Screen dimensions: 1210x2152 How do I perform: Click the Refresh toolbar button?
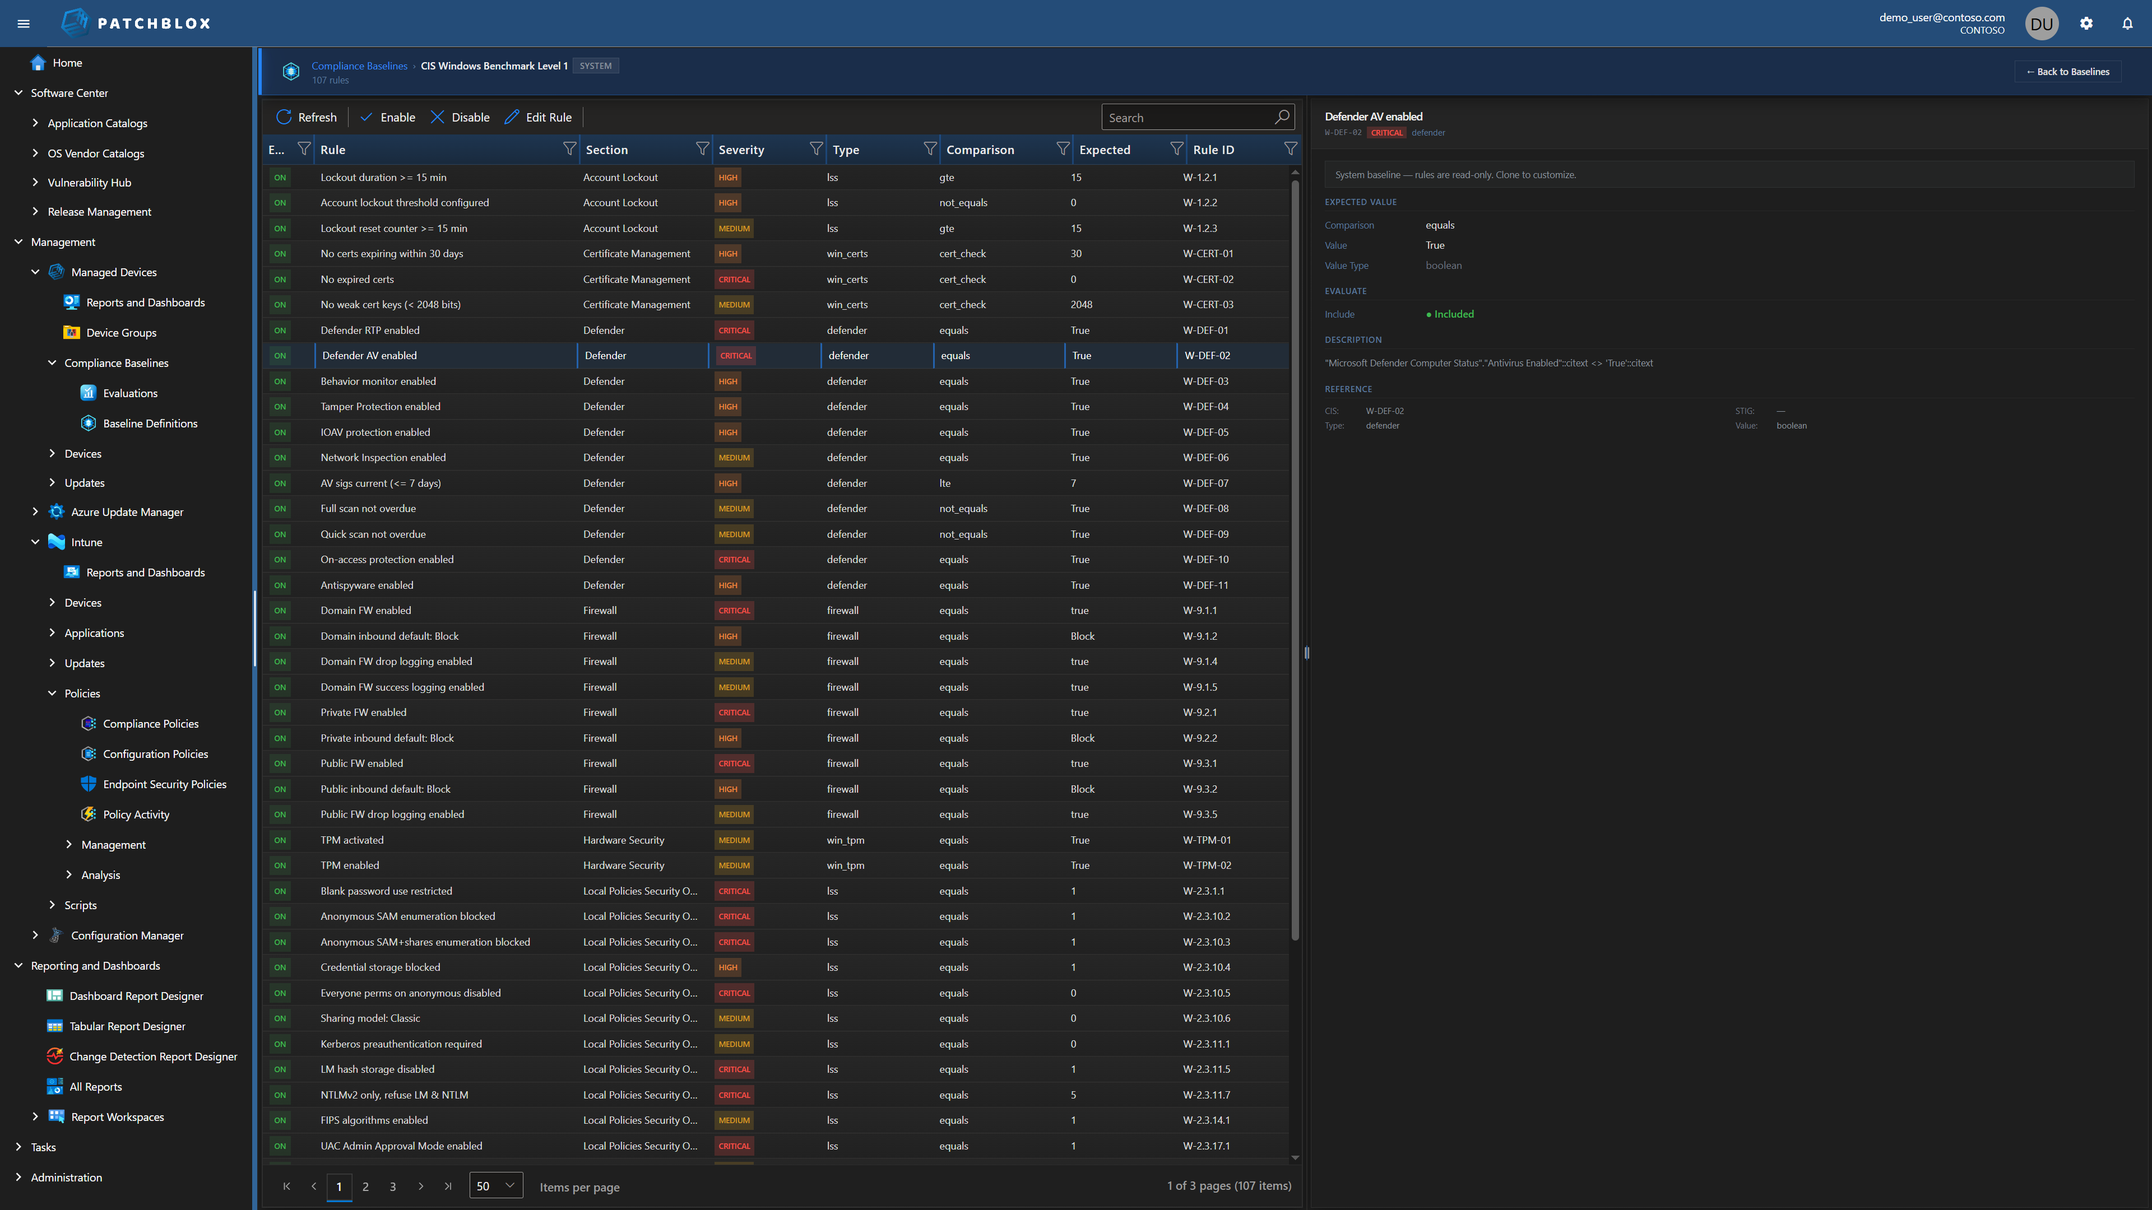pos(307,117)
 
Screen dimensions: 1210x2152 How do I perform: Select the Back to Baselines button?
pos(2067,72)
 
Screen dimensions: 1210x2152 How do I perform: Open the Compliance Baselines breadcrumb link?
pos(359,66)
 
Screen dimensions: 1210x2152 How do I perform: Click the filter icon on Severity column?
pos(815,148)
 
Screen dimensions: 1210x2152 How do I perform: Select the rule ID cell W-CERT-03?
pos(1208,305)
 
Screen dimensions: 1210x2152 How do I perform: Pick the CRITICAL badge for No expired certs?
pos(734,280)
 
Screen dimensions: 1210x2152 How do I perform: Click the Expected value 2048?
pos(1081,305)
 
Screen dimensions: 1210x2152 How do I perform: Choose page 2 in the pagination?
pos(365,1186)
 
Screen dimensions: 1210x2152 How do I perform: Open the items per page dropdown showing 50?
pos(495,1186)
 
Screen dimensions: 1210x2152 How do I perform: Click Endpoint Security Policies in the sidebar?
pos(165,784)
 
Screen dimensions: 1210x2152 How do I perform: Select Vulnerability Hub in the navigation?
pos(90,183)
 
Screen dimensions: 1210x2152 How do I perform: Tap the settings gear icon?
pos(2086,24)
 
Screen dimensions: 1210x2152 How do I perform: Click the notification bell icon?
pos(2127,24)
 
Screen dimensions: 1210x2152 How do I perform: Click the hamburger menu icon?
pos(24,24)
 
